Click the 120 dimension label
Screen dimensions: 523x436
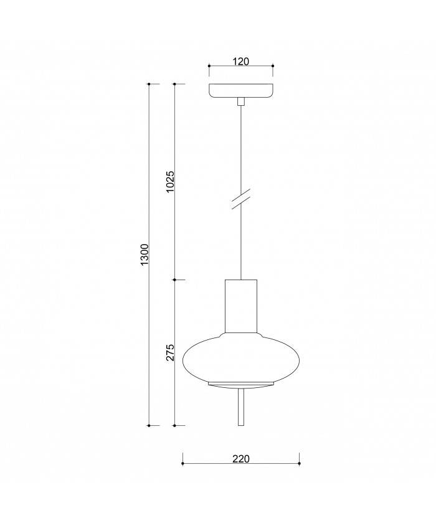241,61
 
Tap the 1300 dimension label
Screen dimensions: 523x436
145,255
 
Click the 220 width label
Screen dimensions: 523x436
241,459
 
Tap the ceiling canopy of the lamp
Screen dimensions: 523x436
241,90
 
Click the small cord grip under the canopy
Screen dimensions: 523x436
241,101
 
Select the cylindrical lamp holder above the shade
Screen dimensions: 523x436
241,306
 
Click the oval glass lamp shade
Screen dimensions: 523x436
241,357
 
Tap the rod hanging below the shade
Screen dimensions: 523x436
241,408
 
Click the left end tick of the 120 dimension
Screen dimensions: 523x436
209,66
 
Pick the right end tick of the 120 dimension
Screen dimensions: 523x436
273,66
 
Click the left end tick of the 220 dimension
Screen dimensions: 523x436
182,463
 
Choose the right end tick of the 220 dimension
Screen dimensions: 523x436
300,463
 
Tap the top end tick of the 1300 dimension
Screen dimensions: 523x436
149,84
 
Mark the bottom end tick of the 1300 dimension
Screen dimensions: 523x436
149,425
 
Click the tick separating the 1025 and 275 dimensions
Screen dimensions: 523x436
175,280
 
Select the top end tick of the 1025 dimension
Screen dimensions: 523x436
175,84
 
